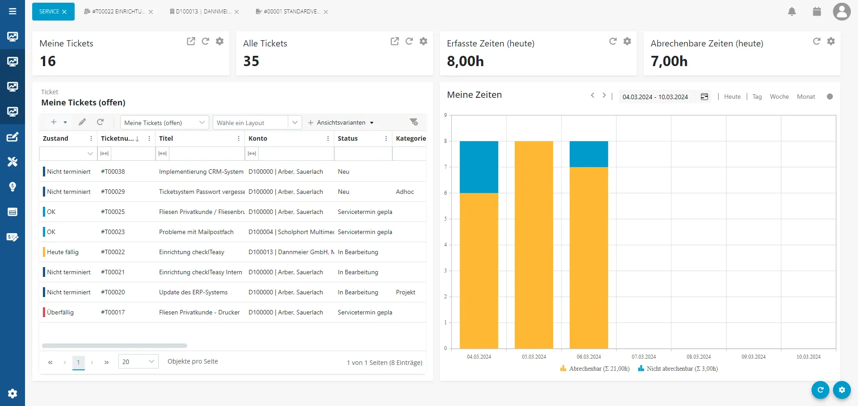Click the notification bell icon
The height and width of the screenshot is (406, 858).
tap(792, 12)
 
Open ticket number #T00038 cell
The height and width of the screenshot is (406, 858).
tap(113, 172)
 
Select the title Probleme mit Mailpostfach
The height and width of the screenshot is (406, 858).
tap(196, 232)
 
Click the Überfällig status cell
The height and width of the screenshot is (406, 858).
tap(60, 312)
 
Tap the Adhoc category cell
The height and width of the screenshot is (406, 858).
tap(404, 192)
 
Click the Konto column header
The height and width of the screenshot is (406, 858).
tap(258, 138)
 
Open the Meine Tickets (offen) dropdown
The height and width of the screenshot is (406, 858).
tap(164, 123)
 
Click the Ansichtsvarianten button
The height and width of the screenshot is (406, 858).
tap(341, 122)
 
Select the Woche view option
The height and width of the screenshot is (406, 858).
tap(779, 96)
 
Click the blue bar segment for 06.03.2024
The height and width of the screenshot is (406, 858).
tap(589, 154)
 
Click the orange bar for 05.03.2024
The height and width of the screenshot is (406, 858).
tap(534, 245)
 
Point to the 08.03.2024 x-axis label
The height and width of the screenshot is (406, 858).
tap(698, 357)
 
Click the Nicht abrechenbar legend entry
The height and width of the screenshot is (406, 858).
tap(678, 368)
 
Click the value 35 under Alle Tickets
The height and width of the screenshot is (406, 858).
tap(251, 61)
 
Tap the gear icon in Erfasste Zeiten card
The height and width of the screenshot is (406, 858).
tap(627, 41)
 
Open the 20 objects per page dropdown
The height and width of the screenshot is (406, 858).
tap(138, 361)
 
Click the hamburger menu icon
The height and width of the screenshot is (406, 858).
tap(13, 11)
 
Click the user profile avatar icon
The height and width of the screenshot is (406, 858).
tap(841, 12)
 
